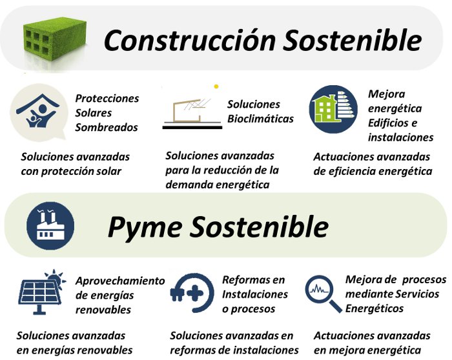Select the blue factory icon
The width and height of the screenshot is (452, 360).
point(50,226)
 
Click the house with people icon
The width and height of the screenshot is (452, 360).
point(38,112)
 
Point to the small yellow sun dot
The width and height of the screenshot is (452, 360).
point(216,86)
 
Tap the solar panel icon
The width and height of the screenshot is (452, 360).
point(42,292)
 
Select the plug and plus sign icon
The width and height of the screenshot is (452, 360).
point(192,293)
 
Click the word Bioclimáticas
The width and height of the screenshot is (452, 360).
point(260,119)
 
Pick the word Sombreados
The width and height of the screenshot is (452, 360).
point(107,127)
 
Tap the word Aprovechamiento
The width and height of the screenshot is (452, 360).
point(120,281)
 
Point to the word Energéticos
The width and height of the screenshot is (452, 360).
point(374,308)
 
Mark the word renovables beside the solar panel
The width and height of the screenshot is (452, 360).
point(103,310)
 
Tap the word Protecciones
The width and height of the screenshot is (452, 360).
point(107,98)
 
